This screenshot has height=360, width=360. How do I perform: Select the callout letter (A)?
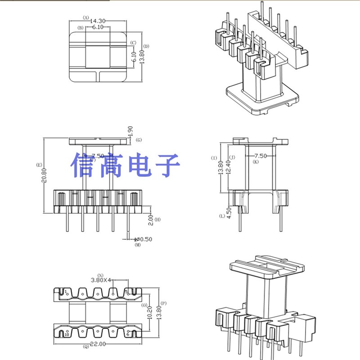click(85, 18)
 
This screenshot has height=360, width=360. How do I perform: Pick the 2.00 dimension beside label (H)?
click(151, 220)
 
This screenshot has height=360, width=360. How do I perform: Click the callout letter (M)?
click(138, 245)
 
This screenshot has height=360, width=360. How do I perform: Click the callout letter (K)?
click(256, 162)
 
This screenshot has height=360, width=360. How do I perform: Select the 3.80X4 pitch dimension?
click(101, 279)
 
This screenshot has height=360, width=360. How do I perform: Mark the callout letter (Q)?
click(85, 346)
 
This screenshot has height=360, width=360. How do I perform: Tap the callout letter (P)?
click(163, 303)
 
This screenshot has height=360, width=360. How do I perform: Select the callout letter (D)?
click(146, 46)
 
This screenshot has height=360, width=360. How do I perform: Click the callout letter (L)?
click(222, 216)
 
